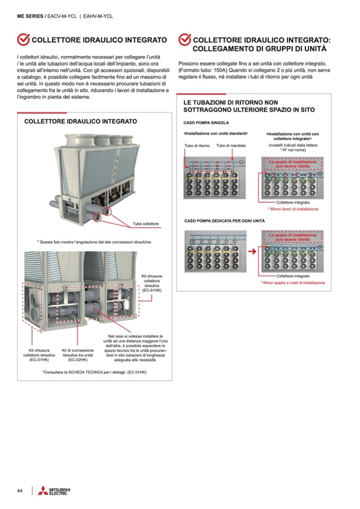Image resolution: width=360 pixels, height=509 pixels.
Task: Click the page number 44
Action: tap(20, 490)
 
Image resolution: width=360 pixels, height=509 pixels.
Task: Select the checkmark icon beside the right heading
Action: tap(184, 40)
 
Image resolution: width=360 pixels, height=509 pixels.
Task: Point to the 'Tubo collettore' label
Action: tap(145, 223)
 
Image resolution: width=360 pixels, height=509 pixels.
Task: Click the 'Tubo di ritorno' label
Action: tap(197, 145)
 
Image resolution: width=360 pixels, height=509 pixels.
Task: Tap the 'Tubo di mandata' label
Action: tap(230, 145)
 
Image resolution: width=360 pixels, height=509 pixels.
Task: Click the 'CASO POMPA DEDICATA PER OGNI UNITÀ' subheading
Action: tap(224, 220)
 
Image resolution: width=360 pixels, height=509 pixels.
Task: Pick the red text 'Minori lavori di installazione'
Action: tap(293, 209)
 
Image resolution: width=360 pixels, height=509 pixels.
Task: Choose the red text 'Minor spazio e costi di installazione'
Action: tap(293, 283)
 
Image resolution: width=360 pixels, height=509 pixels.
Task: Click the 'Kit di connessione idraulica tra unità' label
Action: tap(78, 355)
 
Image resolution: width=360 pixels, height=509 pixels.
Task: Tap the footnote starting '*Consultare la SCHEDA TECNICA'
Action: tap(95, 372)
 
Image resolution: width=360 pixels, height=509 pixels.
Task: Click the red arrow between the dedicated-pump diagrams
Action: tap(255, 247)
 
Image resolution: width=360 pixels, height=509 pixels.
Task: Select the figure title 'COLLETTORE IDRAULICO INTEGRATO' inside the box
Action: tap(81, 122)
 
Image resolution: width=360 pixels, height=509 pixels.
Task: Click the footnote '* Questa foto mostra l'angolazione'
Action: tap(95, 242)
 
